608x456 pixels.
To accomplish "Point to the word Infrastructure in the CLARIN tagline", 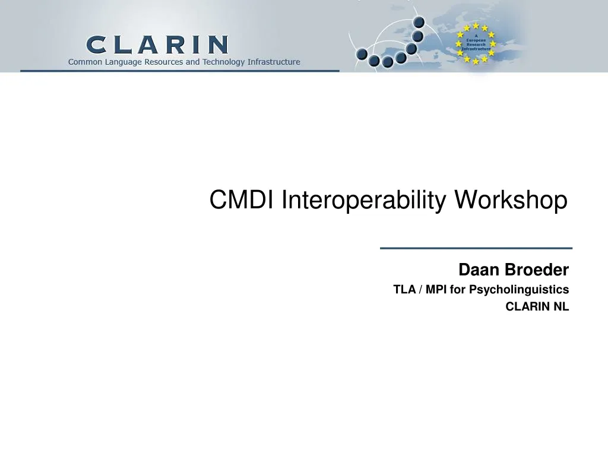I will [274, 62].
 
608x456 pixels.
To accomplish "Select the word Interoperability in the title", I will [365, 200].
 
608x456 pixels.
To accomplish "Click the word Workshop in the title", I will [511, 200].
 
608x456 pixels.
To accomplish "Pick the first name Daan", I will [479, 270].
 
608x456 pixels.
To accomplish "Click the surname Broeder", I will [536, 270].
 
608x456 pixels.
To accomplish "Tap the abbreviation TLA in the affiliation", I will [404, 290].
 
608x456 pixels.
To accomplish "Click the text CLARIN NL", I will [537, 307].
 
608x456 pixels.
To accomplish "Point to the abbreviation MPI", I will [436, 290].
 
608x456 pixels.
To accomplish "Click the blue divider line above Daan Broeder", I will [476, 248].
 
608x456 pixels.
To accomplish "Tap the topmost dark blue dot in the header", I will [419, 23].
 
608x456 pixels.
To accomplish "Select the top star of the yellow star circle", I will [476, 26].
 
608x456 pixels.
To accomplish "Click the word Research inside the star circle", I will [476, 45].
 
